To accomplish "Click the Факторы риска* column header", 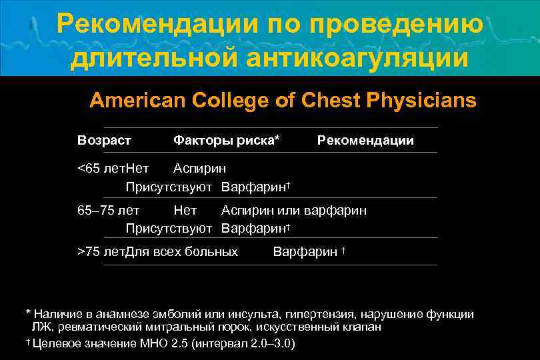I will pyautogui.click(x=226, y=141).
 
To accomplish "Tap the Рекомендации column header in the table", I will pyautogui.click(x=365, y=141).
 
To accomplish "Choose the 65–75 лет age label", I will pyautogui.click(x=108, y=211).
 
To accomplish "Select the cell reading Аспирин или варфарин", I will pyautogui.click(x=294, y=211).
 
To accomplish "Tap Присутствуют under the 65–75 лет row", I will pyautogui.click(x=169, y=228).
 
